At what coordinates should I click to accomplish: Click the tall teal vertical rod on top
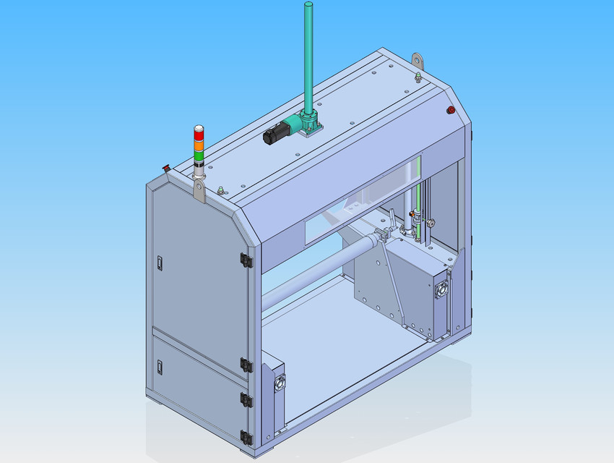(308, 58)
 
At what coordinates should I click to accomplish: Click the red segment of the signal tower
(199, 133)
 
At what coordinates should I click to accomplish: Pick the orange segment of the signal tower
(199, 145)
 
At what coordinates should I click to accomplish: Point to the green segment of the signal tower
(199, 156)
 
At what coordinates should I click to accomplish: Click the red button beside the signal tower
(166, 168)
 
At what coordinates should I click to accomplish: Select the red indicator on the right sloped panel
(451, 110)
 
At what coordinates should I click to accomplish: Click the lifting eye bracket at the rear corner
(417, 59)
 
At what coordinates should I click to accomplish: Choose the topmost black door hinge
(246, 259)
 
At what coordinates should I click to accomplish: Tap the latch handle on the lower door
(157, 367)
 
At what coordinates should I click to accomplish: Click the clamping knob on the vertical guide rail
(431, 224)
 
